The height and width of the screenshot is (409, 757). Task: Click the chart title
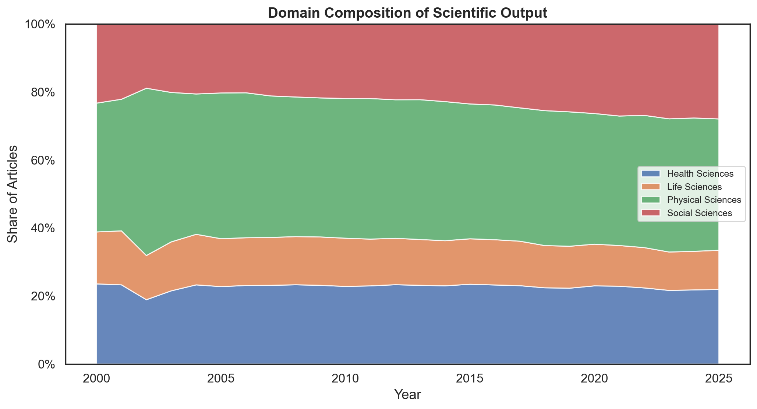[407, 13]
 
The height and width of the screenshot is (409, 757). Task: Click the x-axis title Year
[407, 395]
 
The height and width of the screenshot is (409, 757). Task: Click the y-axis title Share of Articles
[13, 194]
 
